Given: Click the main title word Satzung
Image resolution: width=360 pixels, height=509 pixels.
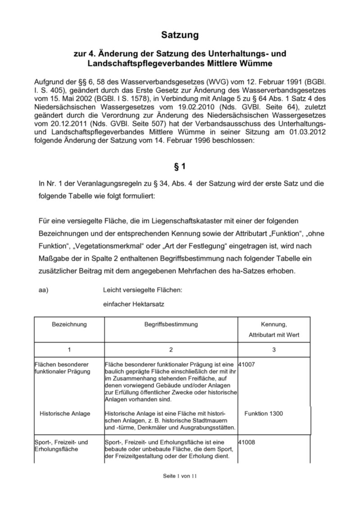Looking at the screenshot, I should point(180,35).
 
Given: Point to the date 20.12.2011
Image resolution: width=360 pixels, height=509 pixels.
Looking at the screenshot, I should point(58,124).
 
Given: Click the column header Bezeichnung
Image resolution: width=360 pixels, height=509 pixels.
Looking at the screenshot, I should point(69,324).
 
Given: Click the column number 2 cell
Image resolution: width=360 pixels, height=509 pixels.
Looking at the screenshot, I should point(171,349).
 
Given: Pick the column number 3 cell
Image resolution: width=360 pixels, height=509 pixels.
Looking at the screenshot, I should point(274,349).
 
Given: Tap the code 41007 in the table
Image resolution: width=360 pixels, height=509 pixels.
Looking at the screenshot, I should point(247,365).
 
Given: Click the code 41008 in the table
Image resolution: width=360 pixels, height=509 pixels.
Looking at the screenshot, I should point(247,442).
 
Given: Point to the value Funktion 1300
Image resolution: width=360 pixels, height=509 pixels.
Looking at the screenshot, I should point(264,414).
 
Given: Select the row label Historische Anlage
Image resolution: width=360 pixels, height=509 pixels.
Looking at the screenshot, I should point(65,414).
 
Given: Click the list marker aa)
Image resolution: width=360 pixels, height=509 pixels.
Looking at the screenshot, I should point(44,290).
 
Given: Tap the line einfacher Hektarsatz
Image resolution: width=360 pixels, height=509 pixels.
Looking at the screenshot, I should point(134,304).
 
